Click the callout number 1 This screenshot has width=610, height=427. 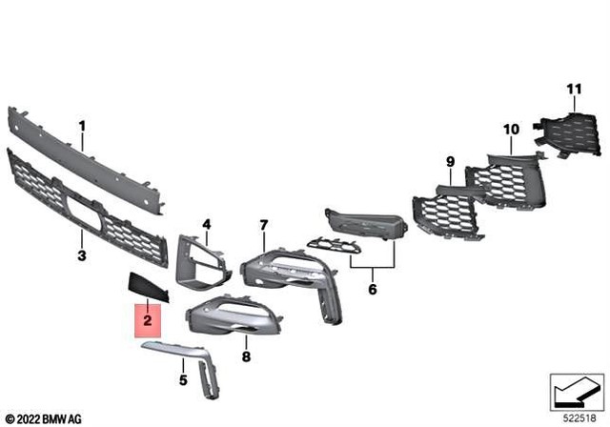point(82,126)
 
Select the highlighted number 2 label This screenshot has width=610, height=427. point(148,321)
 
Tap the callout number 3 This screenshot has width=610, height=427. point(82,256)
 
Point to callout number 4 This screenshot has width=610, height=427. point(205,225)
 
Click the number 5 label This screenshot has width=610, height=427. point(183,380)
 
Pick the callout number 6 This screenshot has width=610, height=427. point(372,287)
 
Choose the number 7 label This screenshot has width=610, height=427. point(264,225)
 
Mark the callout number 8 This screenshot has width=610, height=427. point(245,357)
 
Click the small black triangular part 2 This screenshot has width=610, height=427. point(145,285)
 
